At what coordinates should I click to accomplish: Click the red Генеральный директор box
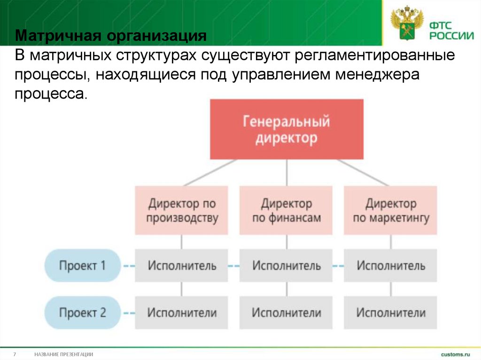tap(287, 129)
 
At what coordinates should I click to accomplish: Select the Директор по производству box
tap(182, 210)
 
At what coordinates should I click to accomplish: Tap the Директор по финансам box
tap(287, 210)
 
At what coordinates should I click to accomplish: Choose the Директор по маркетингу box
tap(390, 210)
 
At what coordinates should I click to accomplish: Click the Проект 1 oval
tap(83, 266)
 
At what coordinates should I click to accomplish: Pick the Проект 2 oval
tap(83, 313)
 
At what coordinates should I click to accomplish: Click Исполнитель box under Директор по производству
tap(182, 266)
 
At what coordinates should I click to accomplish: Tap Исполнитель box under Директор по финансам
tap(287, 266)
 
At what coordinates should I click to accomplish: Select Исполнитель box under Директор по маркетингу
tap(390, 266)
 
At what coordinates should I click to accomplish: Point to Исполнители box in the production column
tap(182, 313)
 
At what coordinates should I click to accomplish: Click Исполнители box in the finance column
tap(287, 313)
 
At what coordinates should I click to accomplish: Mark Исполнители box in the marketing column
tap(390, 313)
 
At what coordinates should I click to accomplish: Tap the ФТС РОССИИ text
tap(449, 29)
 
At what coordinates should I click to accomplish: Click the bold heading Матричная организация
tap(110, 36)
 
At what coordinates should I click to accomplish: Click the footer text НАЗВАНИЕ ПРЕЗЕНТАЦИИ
tap(64, 354)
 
